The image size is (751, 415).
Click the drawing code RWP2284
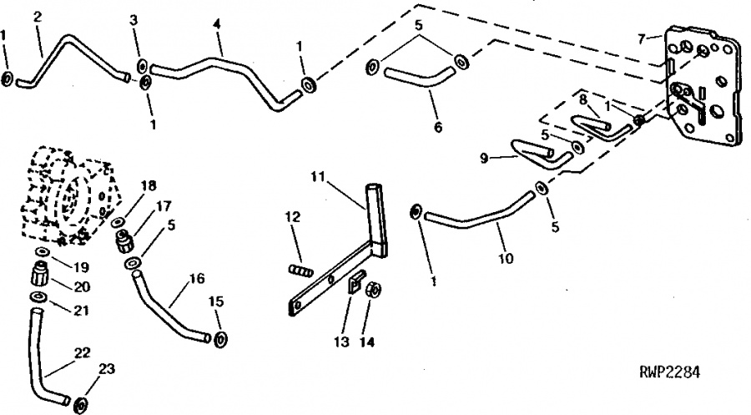(x=669, y=372)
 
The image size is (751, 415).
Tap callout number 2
(x=38, y=17)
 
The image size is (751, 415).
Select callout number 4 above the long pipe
(x=217, y=24)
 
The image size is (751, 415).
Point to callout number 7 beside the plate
(x=642, y=38)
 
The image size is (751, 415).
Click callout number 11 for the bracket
(x=318, y=177)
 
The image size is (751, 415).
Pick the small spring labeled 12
(x=301, y=271)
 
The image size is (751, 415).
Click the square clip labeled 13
(x=355, y=282)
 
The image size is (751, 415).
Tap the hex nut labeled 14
(x=374, y=290)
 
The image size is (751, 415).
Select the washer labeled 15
(x=220, y=339)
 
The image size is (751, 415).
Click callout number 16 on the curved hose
(x=197, y=278)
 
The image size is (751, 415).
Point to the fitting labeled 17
(x=125, y=240)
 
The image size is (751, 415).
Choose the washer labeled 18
(x=118, y=222)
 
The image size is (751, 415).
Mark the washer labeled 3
(x=143, y=66)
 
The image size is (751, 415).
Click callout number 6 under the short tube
(x=438, y=127)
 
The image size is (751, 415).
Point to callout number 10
(x=506, y=258)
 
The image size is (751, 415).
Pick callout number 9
(x=484, y=158)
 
